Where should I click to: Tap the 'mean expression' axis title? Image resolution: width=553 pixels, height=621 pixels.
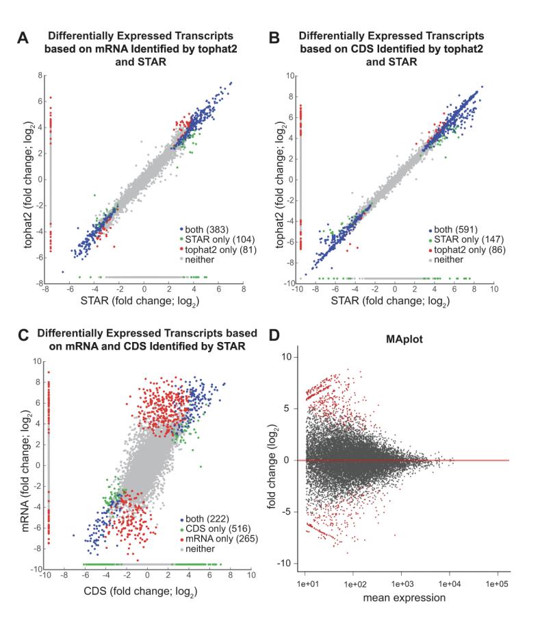(407, 598)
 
